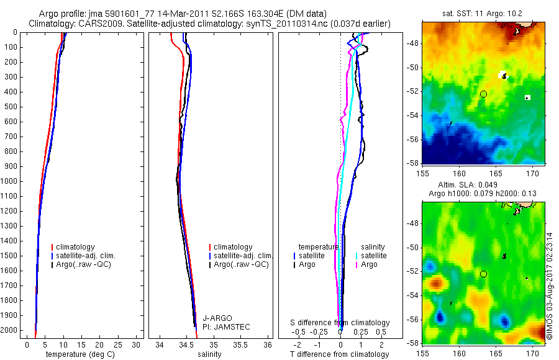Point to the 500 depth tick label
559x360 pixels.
coord(11,107)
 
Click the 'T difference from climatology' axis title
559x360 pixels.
coord(339,354)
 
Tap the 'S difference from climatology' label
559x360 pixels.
coord(340,323)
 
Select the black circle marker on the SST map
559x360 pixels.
coord(483,94)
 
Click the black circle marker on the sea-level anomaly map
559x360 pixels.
coord(483,274)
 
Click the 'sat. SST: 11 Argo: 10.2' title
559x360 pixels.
coord(482,13)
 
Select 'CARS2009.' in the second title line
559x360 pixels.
coord(95,24)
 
